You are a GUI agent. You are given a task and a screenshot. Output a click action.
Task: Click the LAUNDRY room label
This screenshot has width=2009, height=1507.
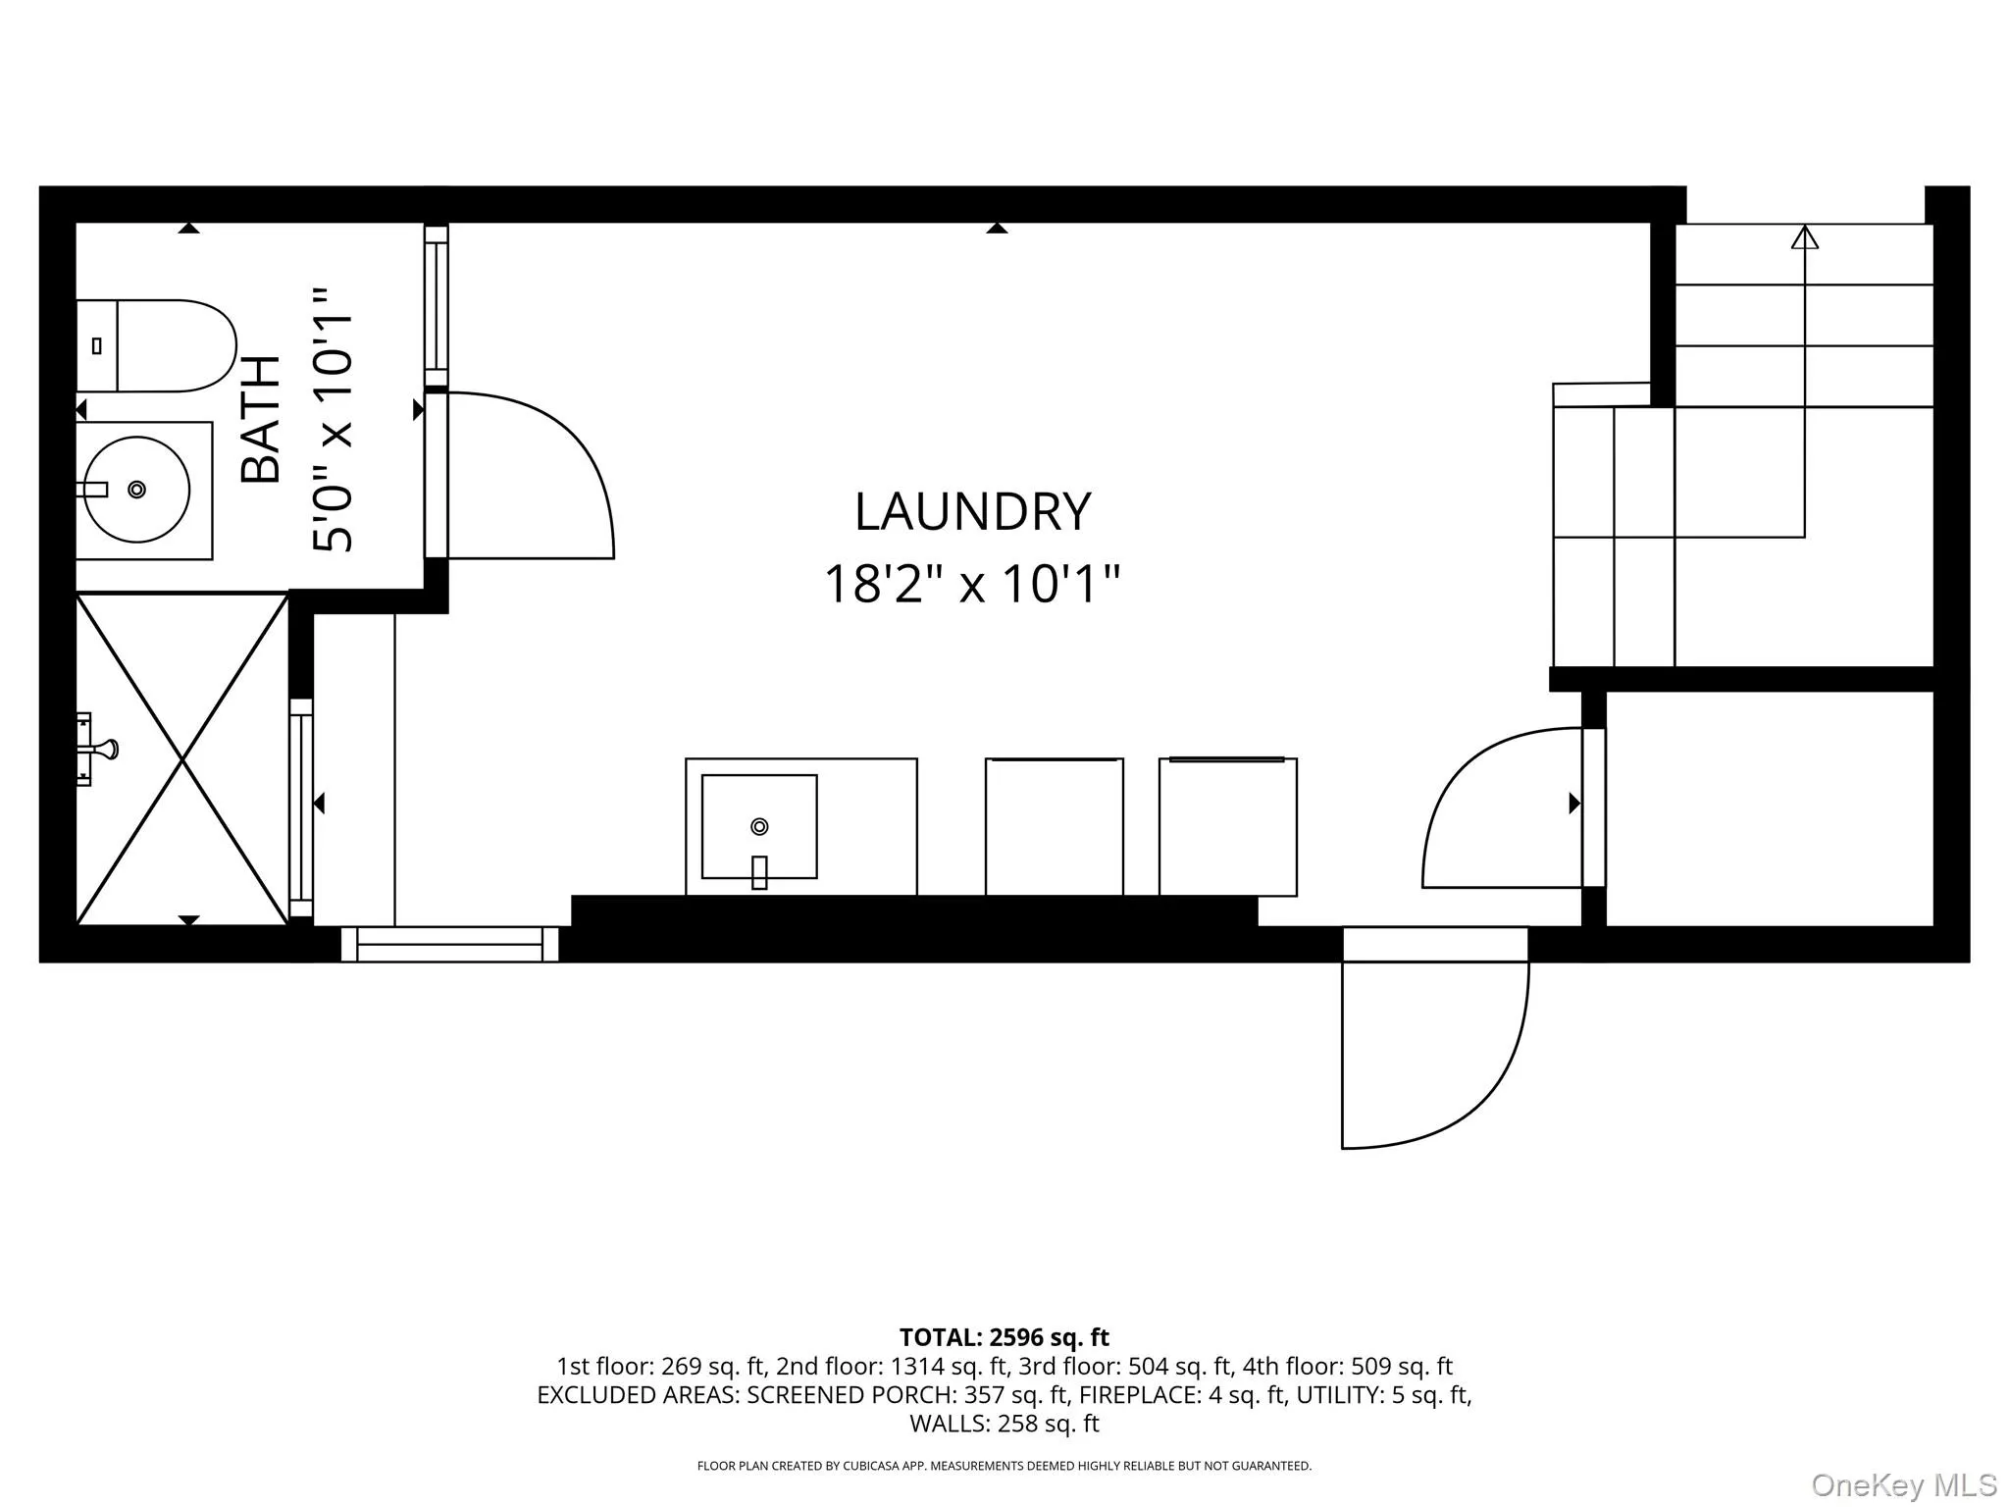click(972, 512)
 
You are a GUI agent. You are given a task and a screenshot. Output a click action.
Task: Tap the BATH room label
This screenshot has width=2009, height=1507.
click(262, 420)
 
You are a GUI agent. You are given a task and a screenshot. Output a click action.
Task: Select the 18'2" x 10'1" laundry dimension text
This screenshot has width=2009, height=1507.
click(971, 584)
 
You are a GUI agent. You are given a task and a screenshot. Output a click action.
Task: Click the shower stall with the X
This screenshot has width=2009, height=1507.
click(182, 758)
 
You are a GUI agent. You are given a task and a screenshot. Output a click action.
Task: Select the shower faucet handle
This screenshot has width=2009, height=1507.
click(100, 750)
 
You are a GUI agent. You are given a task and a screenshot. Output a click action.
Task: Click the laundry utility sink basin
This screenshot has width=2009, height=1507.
click(759, 827)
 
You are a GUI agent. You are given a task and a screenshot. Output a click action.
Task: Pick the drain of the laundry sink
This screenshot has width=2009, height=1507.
click(759, 826)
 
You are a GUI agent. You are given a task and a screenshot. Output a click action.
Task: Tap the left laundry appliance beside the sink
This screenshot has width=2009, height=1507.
click(1054, 827)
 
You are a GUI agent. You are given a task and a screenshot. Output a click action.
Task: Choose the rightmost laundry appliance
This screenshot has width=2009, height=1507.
click(1227, 827)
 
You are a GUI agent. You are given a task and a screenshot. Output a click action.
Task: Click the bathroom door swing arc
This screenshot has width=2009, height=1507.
click(549, 461)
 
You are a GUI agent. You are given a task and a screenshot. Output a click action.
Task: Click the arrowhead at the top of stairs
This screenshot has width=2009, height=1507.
click(1804, 237)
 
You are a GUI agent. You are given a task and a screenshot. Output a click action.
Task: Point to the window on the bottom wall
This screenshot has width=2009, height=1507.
click(450, 945)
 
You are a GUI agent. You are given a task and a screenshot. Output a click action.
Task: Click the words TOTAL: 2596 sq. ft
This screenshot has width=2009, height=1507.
click(1004, 1337)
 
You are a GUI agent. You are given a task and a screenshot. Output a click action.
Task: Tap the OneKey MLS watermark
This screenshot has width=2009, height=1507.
click(1903, 1485)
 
